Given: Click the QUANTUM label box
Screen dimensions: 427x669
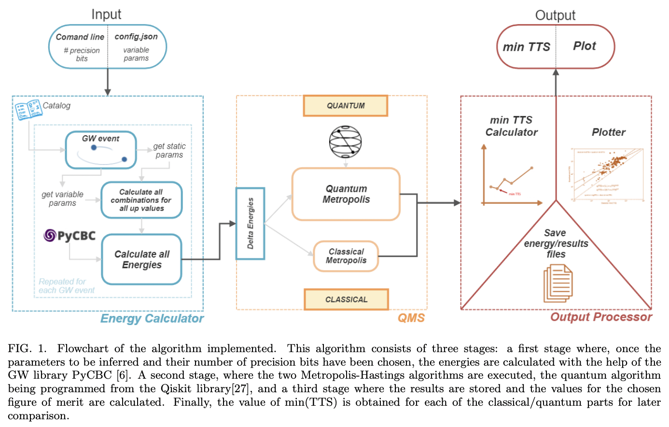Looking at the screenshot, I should [x=345, y=106].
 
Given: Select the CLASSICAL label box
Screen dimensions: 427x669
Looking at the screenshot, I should [x=346, y=299].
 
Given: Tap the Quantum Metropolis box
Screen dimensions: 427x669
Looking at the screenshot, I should [x=346, y=194].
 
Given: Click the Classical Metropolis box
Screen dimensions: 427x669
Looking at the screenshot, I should [x=346, y=256].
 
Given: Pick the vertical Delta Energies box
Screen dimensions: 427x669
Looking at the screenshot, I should [x=250, y=224].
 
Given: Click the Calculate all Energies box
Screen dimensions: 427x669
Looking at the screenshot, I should [x=141, y=259].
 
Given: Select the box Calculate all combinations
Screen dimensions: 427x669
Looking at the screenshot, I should [x=141, y=200].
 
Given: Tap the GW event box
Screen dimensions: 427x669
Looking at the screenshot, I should [x=101, y=150].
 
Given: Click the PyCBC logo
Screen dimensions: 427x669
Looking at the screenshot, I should [x=70, y=236].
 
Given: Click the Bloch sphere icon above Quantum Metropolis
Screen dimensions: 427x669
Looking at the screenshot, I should [x=345, y=142].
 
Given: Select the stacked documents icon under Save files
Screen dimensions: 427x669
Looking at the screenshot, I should [x=557, y=284].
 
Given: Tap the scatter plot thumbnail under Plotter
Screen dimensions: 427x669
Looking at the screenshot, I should [x=607, y=175].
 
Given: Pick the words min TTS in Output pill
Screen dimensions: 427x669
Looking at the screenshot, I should [x=526, y=47].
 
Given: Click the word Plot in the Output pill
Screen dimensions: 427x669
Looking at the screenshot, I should [x=585, y=46].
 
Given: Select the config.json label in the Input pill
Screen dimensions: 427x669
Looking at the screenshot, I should [x=136, y=37].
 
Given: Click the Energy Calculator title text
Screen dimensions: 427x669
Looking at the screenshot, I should [x=152, y=318].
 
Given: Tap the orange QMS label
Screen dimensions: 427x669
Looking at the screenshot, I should [x=411, y=318].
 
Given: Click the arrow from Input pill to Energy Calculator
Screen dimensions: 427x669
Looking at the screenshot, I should [x=108, y=82].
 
